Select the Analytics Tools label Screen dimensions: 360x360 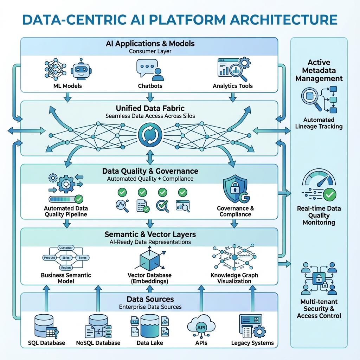pyautogui.click(x=233, y=86)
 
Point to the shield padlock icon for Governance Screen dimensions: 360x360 pyautogui.click(x=233, y=190)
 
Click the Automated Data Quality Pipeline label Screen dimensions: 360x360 pyautogui.click(x=66, y=211)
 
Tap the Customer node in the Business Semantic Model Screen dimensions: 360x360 pyautogui.click(x=66, y=248)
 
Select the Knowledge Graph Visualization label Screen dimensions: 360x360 pyautogui.click(x=234, y=278)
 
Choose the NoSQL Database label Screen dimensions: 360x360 pyautogui.click(x=98, y=343)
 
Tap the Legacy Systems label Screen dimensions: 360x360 pyautogui.click(x=252, y=343)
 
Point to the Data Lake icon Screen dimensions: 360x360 pyautogui.click(x=150, y=326)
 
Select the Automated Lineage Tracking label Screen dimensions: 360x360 pyautogui.click(x=319, y=123)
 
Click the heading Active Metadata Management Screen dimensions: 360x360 pyautogui.click(x=319, y=70)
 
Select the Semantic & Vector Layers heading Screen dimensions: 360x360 pyautogui.click(x=150, y=234)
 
